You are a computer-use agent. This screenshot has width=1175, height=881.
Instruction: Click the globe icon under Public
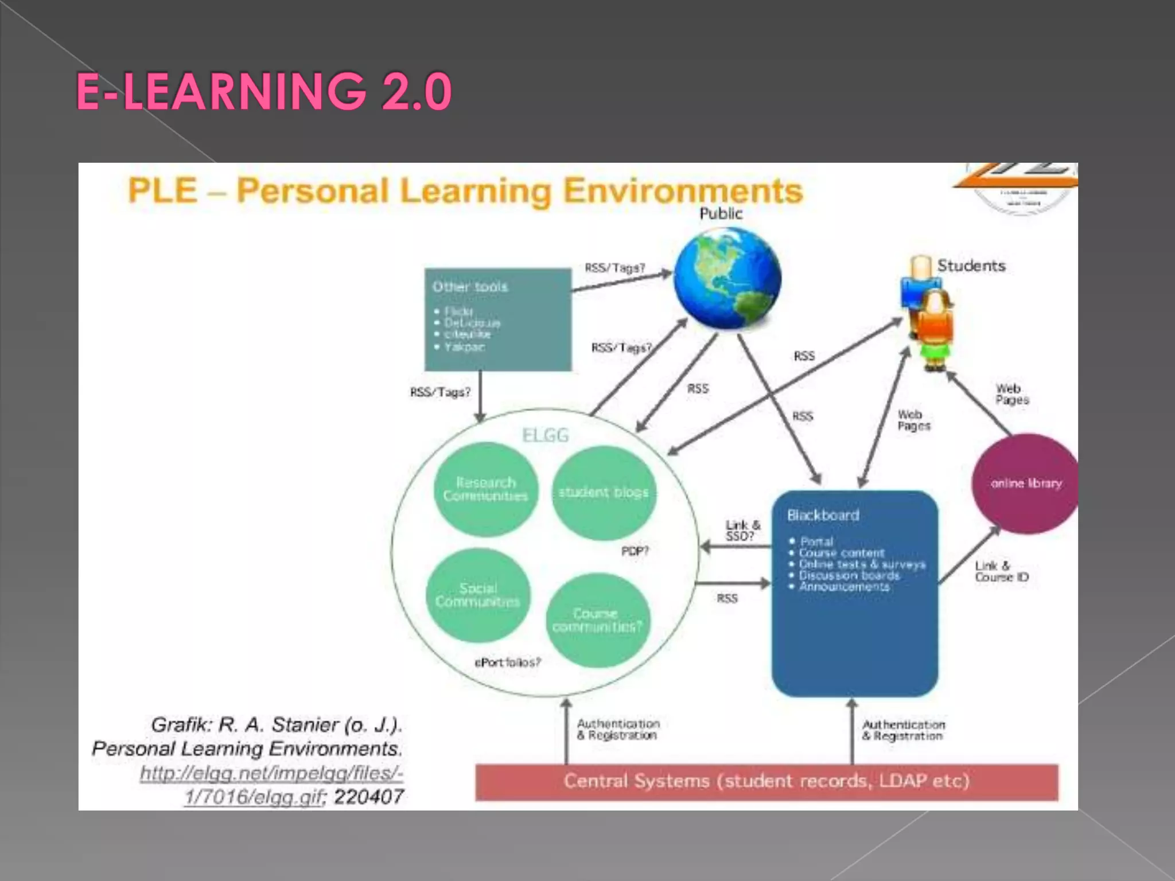pos(727,279)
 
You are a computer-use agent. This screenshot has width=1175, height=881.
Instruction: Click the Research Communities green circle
pos(485,489)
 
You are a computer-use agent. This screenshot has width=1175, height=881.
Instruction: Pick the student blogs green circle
pos(604,492)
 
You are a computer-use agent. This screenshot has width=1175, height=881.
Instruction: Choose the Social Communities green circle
pos(477,595)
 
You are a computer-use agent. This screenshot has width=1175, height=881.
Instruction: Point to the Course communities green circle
pos(597,620)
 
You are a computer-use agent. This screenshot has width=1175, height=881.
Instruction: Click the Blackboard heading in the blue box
pos(823,515)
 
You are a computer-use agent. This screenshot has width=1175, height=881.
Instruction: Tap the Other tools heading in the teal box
pos(470,287)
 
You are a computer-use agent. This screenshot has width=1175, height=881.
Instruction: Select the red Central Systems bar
pos(767,781)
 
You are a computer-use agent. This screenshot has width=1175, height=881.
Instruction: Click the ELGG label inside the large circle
pos(546,435)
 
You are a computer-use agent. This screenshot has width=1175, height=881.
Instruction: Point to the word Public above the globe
pos(721,214)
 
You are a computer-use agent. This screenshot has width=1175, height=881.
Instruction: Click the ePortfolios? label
pos(508,662)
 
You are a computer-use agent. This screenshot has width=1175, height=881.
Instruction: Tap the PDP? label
pos(635,551)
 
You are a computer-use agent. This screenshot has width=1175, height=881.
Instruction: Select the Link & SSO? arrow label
pos(742,531)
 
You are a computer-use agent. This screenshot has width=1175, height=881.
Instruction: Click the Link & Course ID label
pos(1002,571)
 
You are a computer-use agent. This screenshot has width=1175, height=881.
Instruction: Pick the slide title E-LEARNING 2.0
pos(264,91)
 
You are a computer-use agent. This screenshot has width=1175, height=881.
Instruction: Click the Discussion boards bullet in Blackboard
pos(849,575)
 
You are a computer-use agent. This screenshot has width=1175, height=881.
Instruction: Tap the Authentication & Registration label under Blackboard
pos(903,730)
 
